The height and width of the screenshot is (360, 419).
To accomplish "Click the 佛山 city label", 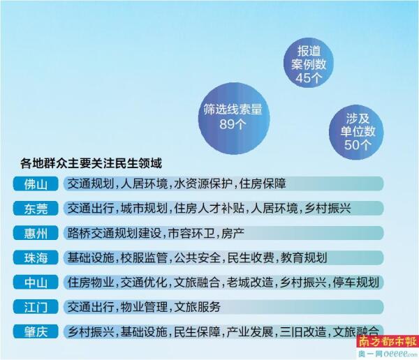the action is [x=36, y=183].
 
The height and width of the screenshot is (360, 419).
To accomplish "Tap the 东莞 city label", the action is [x=36, y=209].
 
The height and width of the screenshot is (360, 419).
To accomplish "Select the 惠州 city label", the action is [x=36, y=233].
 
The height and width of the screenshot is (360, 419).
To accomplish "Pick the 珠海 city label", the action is [x=36, y=257].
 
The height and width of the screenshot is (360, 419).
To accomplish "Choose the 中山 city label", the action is [x=36, y=283].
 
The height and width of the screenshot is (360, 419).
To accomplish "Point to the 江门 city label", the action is [x=36, y=307].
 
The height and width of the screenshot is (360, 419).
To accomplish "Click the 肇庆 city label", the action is [x=36, y=331].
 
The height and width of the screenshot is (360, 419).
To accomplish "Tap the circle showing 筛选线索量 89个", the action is [x=234, y=119].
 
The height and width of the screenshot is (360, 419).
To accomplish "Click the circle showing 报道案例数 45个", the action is [x=309, y=63].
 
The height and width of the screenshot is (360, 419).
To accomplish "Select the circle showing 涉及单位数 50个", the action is [x=356, y=132].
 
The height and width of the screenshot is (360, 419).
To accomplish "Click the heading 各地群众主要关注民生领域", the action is [x=91, y=163].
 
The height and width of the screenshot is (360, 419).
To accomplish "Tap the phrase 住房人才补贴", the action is [x=209, y=209].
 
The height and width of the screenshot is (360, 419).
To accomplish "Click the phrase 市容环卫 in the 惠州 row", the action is [x=191, y=233].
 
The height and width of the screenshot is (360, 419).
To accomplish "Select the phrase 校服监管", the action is [x=144, y=257].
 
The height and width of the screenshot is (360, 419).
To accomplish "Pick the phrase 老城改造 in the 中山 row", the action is [x=250, y=283].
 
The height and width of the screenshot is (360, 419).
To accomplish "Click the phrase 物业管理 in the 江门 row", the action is [x=144, y=307].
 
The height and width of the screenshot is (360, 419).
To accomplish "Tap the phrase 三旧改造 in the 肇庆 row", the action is [x=303, y=331].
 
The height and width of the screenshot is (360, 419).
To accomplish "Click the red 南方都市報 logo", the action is [x=388, y=341].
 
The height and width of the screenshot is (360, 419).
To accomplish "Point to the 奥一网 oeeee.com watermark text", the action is [x=388, y=354].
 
